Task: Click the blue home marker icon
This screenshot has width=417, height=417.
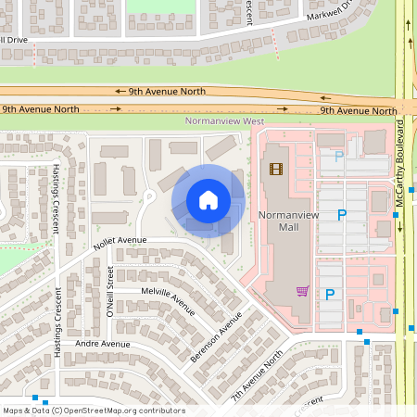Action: point(208,200)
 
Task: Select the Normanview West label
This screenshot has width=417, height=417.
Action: point(225,121)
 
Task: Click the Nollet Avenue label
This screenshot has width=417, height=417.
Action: point(120,244)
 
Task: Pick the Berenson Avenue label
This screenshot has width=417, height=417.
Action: point(215,335)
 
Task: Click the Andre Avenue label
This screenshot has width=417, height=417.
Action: point(102,344)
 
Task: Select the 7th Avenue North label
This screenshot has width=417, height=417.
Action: point(257,375)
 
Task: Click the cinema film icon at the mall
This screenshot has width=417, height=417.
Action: point(275,169)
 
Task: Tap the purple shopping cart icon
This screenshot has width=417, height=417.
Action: point(302,290)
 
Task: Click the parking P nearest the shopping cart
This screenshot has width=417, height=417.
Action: point(329,295)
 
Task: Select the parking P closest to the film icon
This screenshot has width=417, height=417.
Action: point(338,157)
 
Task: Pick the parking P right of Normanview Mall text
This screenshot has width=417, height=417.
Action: point(341,215)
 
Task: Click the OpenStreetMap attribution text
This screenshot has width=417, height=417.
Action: point(93,411)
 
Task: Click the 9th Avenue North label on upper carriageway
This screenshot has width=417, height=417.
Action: point(156,92)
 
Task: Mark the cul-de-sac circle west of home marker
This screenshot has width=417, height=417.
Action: point(147,196)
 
